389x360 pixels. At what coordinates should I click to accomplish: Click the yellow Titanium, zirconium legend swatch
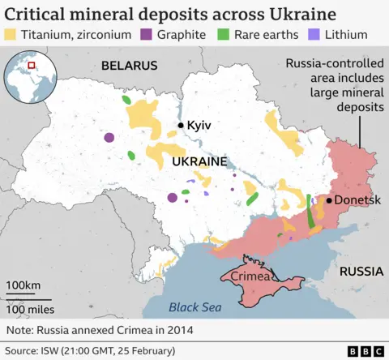click(x=12, y=35)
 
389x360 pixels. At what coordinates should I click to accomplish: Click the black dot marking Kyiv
click(x=181, y=126)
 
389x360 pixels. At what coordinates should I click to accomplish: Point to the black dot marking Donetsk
click(x=330, y=199)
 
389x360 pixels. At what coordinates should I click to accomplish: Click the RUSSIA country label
click(x=361, y=272)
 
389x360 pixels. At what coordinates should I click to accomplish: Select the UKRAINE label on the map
click(x=199, y=162)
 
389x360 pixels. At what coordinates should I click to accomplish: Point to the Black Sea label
click(x=194, y=307)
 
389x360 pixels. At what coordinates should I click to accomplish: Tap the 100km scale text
click(x=24, y=285)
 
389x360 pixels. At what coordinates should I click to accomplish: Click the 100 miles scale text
click(x=30, y=309)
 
